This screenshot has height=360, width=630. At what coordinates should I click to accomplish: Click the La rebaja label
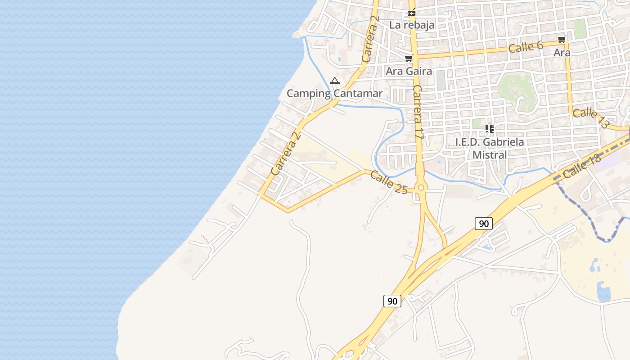(x=412, y=25)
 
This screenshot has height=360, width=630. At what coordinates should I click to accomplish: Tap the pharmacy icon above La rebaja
(x=411, y=13)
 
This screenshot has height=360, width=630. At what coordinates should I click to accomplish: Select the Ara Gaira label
(x=409, y=71)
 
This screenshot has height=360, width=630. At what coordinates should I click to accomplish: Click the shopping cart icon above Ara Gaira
(x=409, y=58)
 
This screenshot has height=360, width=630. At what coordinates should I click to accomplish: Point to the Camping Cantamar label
(x=334, y=94)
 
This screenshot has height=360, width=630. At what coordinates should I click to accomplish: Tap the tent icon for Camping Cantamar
(x=334, y=81)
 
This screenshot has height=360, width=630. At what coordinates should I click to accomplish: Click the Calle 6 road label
(x=526, y=47)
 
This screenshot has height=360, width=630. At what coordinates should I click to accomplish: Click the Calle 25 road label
(x=389, y=182)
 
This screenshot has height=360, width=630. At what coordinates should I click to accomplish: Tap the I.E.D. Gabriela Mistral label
(x=490, y=148)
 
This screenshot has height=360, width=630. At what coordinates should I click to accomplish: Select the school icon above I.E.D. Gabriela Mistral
(x=490, y=129)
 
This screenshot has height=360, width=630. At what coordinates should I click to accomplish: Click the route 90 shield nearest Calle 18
(x=483, y=223)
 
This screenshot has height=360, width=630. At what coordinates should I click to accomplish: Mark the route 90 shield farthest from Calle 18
(x=392, y=301)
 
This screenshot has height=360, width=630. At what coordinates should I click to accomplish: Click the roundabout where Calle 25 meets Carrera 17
(x=421, y=188)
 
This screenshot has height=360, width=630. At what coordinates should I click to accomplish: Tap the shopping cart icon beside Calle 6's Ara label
(x=562, y=40)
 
